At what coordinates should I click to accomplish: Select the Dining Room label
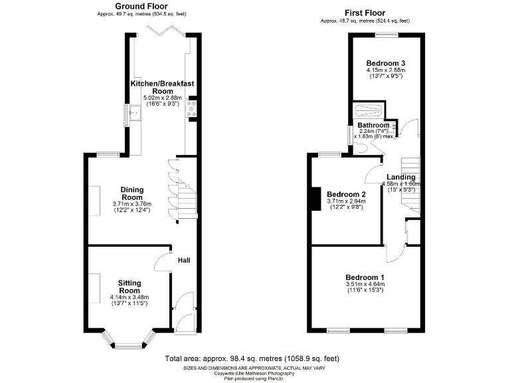click(x=131, y=193)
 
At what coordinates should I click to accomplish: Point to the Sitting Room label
click(x=129, y=287)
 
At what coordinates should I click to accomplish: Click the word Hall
click(x=184, y=260)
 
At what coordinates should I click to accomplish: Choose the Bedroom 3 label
click(x=385, y=63)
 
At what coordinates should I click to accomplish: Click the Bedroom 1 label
click(x=365, y=277)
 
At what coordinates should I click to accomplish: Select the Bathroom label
click(x=373, y=125)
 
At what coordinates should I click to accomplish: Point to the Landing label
click(x=402, y=177)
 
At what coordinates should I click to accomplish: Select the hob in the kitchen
click(x=193, y=109)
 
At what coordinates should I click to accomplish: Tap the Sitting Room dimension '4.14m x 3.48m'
click(x=129, y=297)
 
